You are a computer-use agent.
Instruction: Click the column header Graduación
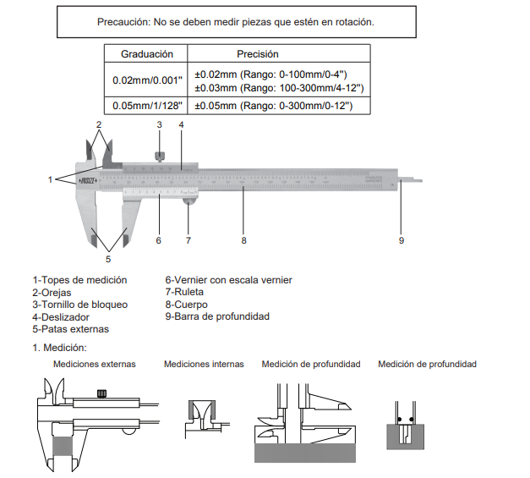tap(147, 53)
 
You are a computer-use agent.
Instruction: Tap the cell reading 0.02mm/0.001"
tap(147, 80)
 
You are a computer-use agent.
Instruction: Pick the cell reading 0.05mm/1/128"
tap(147, 106)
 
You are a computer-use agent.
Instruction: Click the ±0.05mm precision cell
tap(274, 106)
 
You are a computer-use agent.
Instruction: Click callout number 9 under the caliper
tap(402, 240)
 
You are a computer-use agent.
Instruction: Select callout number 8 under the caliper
tap(243, 240)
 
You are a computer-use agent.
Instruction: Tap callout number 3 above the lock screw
tap(159, 124)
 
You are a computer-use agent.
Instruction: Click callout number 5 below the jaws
tap(108, 259)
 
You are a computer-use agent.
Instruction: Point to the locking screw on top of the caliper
tap(159, 155)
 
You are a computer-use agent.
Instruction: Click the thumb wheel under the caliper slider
tap(189, 200)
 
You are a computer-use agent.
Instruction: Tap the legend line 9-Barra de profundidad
tap(217, 316)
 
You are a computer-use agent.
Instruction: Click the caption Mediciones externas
tap(94, 364)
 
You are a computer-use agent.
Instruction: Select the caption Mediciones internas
tap(204, 364)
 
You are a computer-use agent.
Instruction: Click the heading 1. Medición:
tap(60, 347)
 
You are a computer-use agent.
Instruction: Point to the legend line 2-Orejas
tap(52, 292)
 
